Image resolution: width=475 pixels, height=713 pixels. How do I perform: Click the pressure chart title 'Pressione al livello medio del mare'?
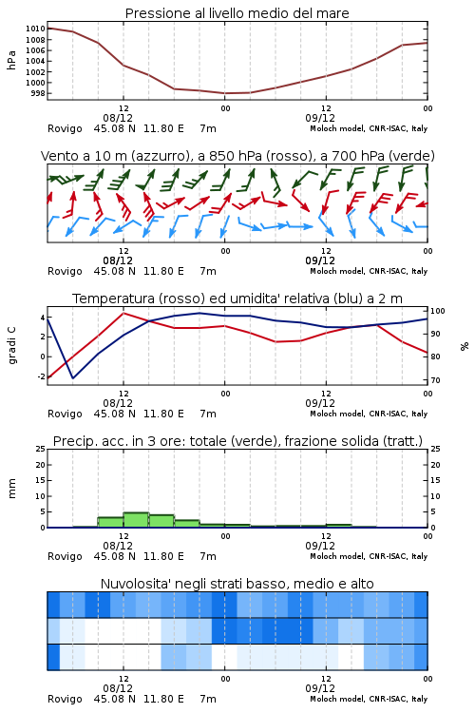pyautogui.click(x=237, y=13)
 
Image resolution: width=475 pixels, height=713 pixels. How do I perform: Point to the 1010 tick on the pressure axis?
pyautogui.click(x=35, y=29)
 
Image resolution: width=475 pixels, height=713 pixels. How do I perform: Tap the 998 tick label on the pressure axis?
pyautogui.click(x=38, y=94)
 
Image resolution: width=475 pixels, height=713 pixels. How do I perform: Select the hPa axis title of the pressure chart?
pyautogui.click(x=11, y=61)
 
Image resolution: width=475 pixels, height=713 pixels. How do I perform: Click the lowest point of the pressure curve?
pyautogui.click(x=225, y=93)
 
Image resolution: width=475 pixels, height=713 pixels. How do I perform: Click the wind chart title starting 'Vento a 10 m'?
pyautogui.click(x=237, y=156)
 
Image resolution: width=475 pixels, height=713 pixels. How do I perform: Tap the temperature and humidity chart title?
pyautogui.click(x=237, y=299)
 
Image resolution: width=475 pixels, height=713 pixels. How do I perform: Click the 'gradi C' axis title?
pyautogui.click(x=12, y=346)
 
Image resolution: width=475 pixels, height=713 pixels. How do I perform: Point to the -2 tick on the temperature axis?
pyautogui.click(x=41, y=377)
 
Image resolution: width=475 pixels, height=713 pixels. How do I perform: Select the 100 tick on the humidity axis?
pyautogui.click(x=438, y=312)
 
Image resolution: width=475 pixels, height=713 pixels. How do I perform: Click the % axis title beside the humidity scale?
pyautogui.click(x=465, y=346)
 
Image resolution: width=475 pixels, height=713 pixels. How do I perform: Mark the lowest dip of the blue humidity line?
pyautogui.click(x=73, y=377)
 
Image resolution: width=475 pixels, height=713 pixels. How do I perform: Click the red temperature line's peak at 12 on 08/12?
pyautogui.click(x=123, y=313)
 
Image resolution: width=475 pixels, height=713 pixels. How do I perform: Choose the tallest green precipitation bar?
pyautogui.click(x=136, y=520)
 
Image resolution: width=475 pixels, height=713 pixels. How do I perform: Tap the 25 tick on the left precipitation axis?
pyautogui.click(x=41, y=450)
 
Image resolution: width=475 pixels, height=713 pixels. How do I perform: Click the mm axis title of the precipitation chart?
pyautogui.click(x=11, y=489)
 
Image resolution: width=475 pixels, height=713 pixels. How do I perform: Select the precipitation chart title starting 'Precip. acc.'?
pyautogui.click(x=237, y=441)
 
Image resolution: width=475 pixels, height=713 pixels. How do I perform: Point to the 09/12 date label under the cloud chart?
pyautogui.click(x=320, y=688)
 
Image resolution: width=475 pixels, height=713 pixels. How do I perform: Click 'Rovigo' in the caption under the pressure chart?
pyautogui.click(x=65, y=128)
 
